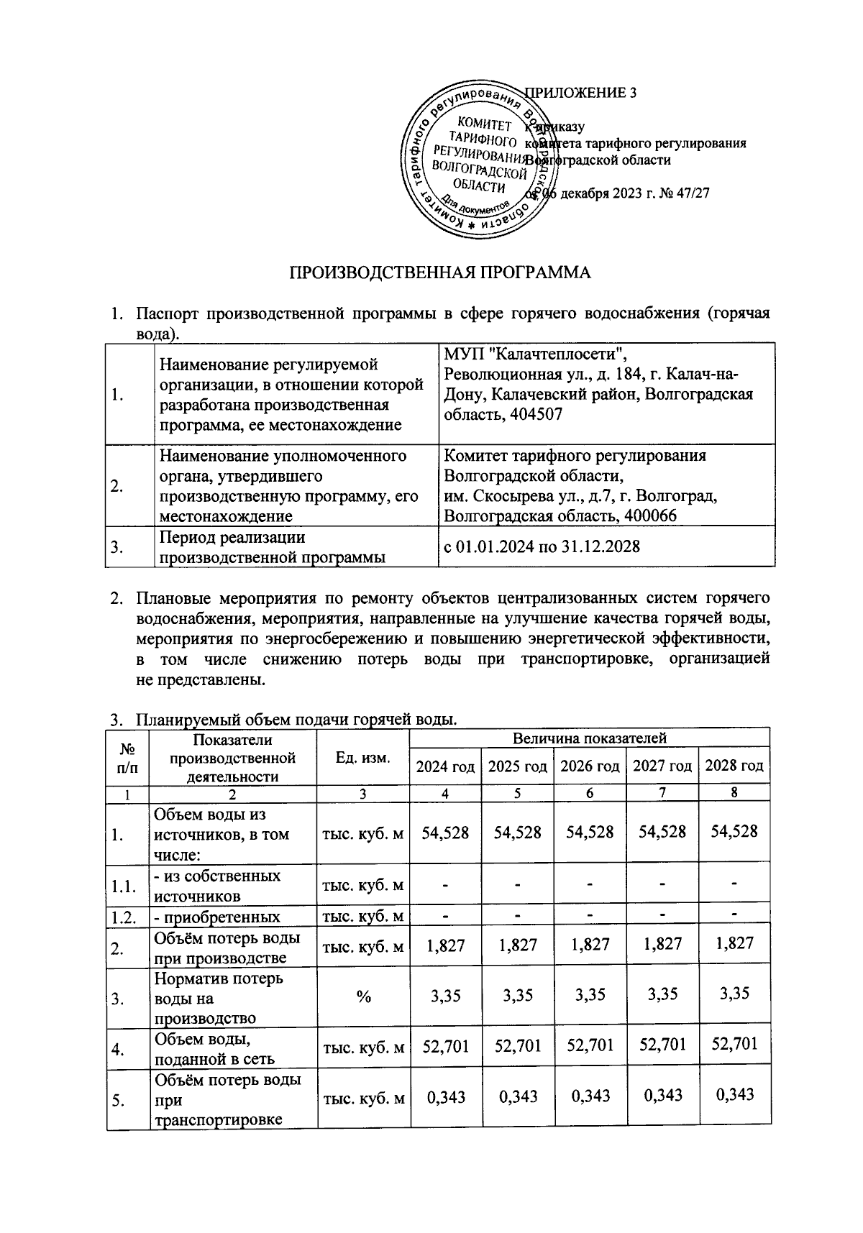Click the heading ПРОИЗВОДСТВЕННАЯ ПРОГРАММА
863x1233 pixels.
(x=439, y=272)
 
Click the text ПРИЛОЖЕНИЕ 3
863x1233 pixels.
(x=581, y=93)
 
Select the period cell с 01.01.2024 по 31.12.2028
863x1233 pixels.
(x=542, y=546)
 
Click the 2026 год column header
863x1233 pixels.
(x=590, y=766)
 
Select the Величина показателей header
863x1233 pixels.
(x=590, y=738)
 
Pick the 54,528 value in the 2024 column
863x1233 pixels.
(x=445, y=833)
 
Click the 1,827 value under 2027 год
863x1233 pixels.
(x=662, y=944)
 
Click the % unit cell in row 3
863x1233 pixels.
(x=363, y=996)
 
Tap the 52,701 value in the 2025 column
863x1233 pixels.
(x=518, y=1045)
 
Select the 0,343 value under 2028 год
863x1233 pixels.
(x=734, y=1094)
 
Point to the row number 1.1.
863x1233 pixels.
(x=124, y=886)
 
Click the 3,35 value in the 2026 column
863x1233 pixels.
(x=590, y=995)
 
